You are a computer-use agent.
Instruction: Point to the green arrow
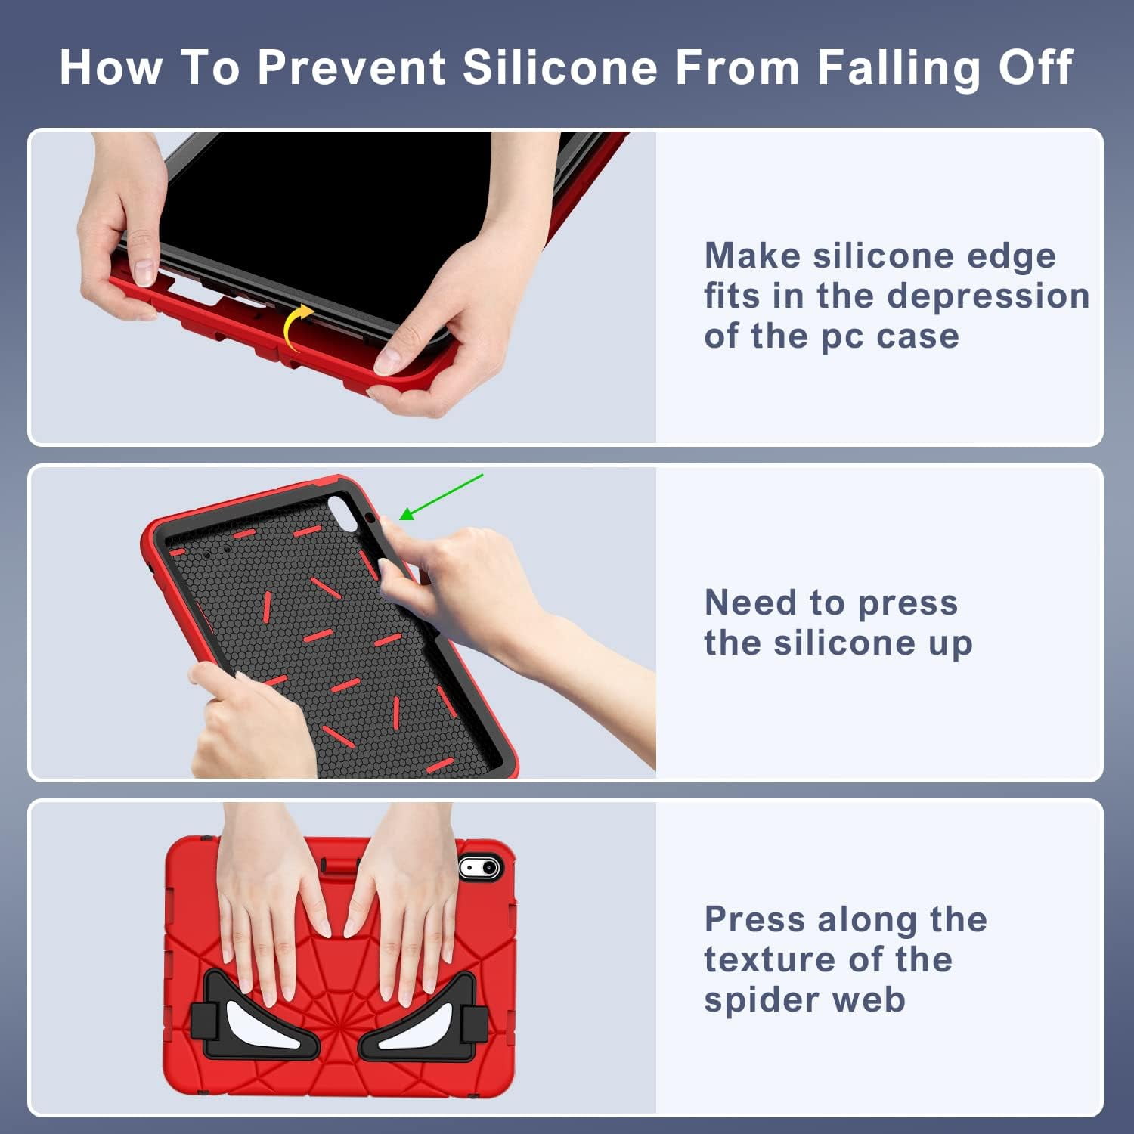441,497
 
